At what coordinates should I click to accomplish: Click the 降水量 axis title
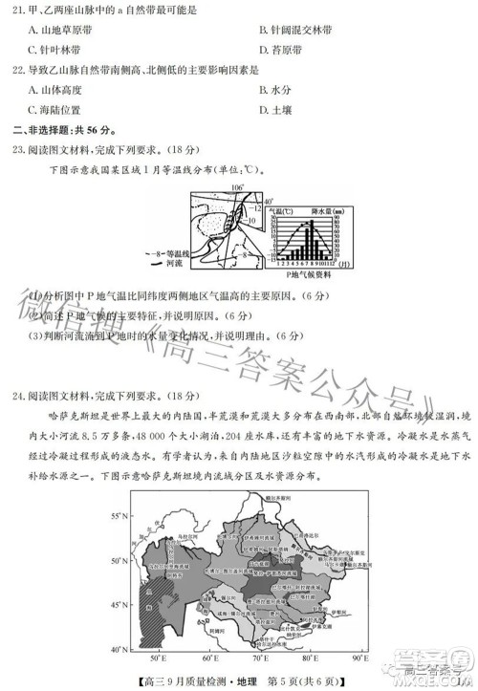[320, 208]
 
